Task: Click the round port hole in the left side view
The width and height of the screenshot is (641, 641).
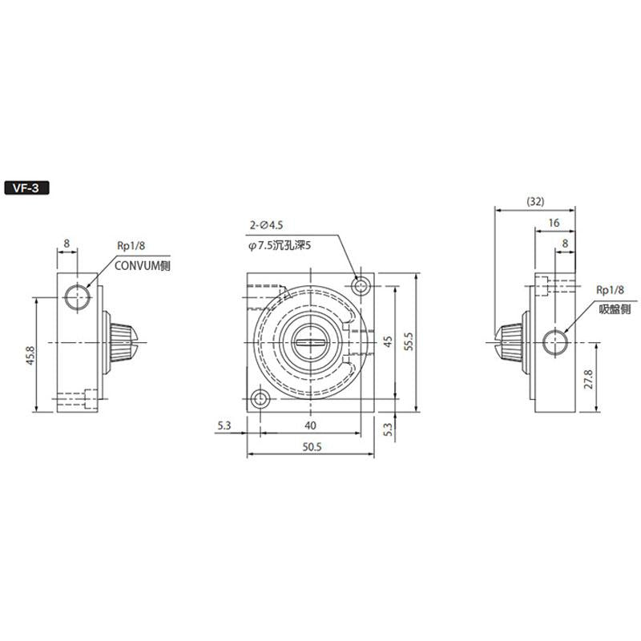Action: (x=79, y=298)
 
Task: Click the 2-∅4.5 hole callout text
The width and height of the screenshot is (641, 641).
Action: (x=268, y=227)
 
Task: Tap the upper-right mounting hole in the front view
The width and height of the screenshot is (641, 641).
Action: (x=361, y=285)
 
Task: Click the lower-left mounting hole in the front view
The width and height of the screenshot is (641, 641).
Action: (x=259, y=398)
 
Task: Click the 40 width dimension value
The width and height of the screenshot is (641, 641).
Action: (x=310, y=425)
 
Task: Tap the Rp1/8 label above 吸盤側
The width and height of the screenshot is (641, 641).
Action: (x=609, y=291)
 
